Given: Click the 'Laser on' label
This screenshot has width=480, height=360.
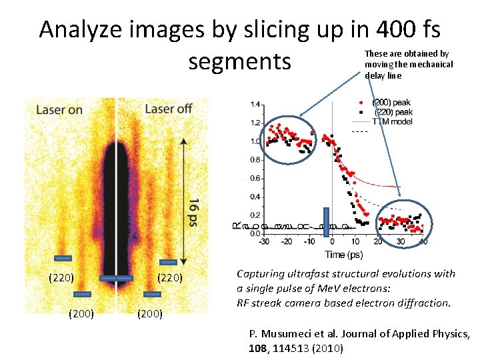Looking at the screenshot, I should coord(59,109).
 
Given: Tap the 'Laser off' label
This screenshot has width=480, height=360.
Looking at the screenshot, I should coord(168,109).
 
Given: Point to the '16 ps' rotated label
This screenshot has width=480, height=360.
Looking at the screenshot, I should coord(191,211).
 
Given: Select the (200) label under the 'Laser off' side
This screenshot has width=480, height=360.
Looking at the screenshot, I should coord(150,312).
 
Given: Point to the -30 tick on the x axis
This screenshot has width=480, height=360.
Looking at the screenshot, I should coord(265,241).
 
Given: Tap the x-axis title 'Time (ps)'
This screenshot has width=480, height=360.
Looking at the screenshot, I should coord(345,254).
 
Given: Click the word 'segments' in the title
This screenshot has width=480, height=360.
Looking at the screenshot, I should coord(240,61).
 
